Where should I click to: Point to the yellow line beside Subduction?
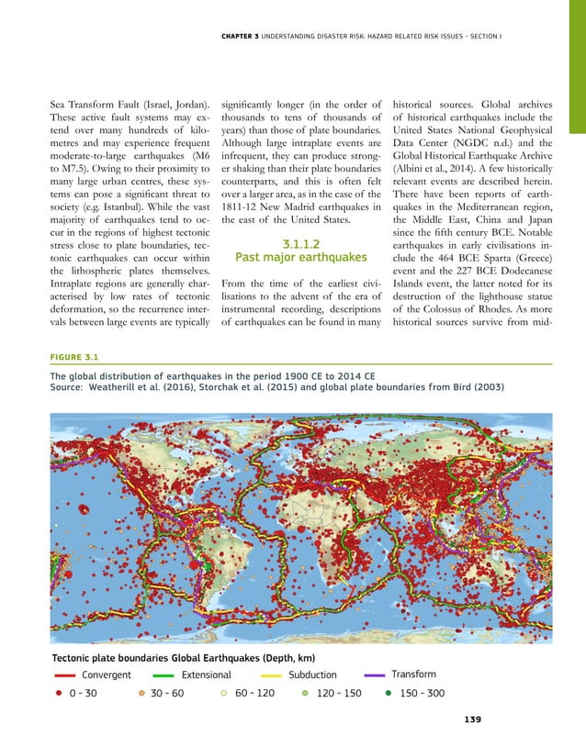(264, 675)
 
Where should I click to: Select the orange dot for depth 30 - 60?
(142, 693)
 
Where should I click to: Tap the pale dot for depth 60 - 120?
(223, 693)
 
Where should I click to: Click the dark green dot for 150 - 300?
(389, 693)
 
